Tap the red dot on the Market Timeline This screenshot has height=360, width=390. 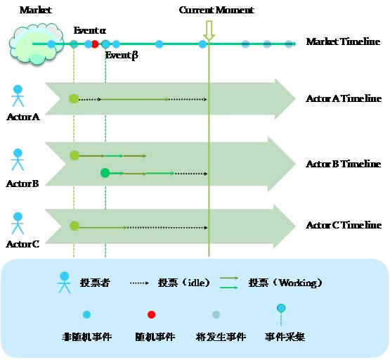95,44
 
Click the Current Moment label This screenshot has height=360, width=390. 216,11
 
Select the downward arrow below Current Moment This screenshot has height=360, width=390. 209,30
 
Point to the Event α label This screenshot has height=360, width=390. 90,32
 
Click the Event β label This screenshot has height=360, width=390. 122,56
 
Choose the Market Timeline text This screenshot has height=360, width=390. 343,42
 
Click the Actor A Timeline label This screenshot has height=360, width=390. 343,99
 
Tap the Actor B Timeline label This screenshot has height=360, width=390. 343,164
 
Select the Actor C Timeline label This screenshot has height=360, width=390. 343,226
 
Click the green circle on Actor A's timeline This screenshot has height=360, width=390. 74,99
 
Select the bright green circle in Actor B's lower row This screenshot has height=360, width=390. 105,173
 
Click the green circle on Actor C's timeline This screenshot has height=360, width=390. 74,226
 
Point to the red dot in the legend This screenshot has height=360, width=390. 151,315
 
